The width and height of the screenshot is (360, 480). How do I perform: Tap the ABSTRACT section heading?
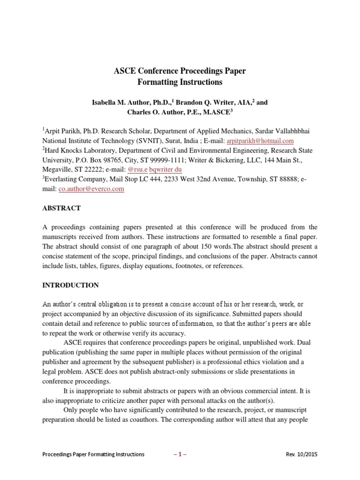62,208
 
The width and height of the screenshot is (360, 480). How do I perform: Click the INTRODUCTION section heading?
71,285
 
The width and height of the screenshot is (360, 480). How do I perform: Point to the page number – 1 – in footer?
180,455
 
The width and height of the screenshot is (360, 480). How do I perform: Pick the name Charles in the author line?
140,112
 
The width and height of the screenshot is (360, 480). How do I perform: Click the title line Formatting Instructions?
180,82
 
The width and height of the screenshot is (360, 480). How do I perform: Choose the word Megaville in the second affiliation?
57,170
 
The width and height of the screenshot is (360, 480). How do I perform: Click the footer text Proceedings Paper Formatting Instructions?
93,455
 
